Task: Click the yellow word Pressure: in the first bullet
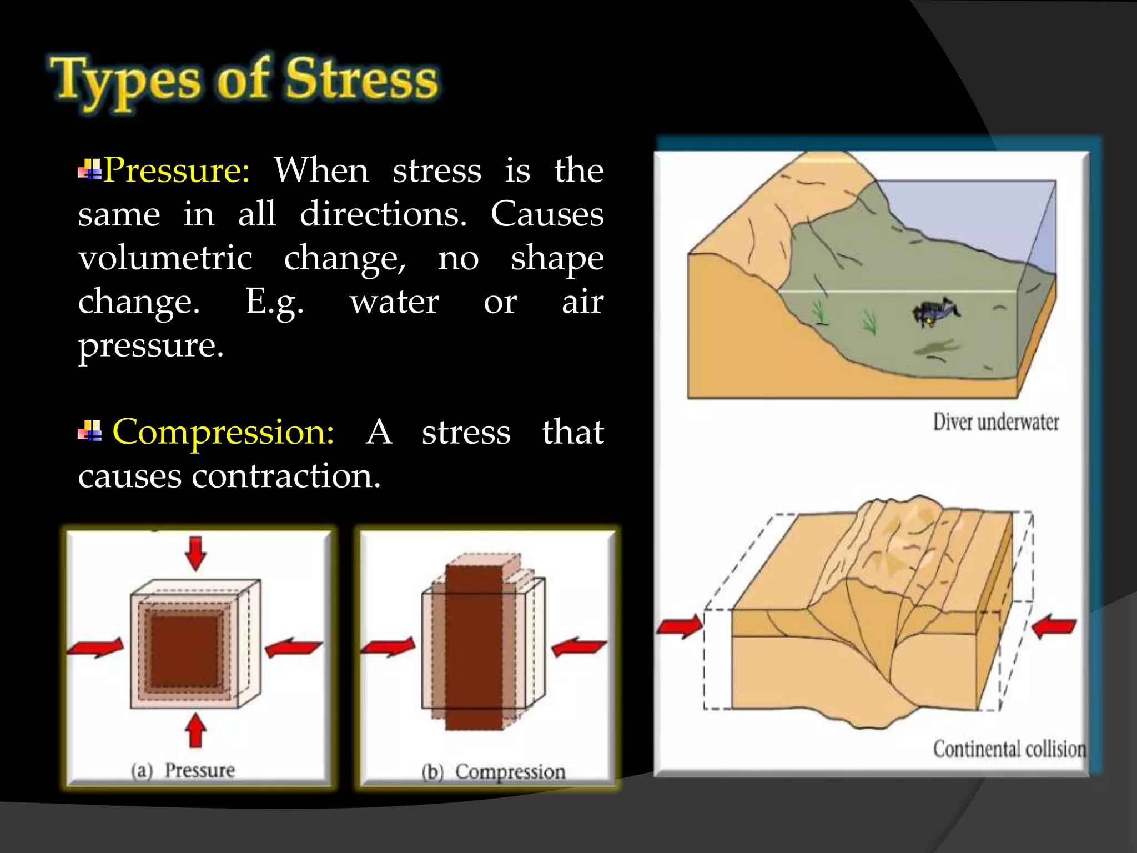177,170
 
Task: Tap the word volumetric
165,258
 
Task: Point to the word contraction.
285,476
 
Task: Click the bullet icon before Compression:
90,431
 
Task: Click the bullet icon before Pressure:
90,169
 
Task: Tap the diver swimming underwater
935,312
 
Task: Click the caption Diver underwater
995,422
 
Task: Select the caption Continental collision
1009,749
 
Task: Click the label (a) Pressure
183,771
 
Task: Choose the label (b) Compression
494,772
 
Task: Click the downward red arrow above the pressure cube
195,553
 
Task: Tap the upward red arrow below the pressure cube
195,730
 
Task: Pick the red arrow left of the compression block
389,647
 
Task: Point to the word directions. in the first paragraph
383,214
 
